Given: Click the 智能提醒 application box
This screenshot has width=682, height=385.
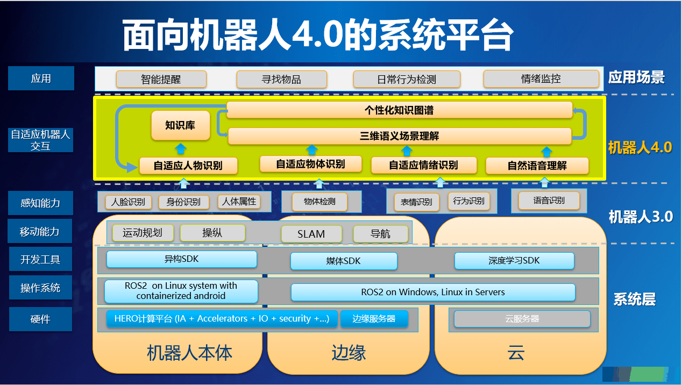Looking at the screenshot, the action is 161,79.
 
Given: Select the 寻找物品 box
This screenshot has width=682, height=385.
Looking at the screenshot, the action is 282,79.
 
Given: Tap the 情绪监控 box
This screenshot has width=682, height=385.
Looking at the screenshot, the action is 541,79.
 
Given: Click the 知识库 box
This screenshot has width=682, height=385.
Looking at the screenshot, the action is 181,125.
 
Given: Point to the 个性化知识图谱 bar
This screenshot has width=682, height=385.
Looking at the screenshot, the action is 399,110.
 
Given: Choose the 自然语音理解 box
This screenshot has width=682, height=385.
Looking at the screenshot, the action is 537,166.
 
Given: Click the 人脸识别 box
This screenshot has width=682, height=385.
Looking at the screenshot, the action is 128,202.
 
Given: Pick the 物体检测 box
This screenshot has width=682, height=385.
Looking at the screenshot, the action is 319,202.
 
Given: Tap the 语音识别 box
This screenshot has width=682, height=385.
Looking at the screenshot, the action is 549,201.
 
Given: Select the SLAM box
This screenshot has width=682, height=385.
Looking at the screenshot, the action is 311,234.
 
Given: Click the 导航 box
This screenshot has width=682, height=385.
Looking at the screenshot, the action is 381,234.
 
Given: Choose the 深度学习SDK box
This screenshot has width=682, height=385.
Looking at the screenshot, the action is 514,261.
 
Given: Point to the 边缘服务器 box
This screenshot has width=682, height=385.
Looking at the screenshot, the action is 374,319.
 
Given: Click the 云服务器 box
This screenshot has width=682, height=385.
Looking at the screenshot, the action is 522,319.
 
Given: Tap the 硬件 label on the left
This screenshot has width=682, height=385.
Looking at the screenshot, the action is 40,319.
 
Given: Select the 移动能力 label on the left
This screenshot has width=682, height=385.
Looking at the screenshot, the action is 40,231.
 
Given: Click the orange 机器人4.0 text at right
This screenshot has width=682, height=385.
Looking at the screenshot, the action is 640,148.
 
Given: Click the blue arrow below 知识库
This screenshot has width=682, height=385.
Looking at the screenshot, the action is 181,148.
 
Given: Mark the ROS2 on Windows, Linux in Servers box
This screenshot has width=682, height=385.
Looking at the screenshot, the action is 433,292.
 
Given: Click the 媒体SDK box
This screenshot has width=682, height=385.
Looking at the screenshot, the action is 344,261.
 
